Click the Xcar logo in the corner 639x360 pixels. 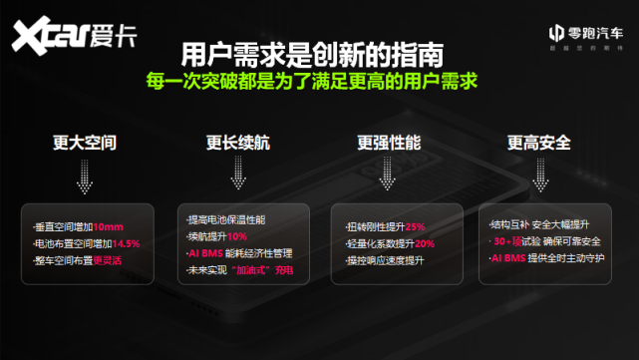coord(75,36)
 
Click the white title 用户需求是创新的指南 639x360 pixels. coord(312,51)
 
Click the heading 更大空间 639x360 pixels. coord(85,143)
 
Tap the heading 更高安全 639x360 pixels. coord(538,143)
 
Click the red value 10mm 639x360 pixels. coord(109,227)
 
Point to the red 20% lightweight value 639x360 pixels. coord(424,243)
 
